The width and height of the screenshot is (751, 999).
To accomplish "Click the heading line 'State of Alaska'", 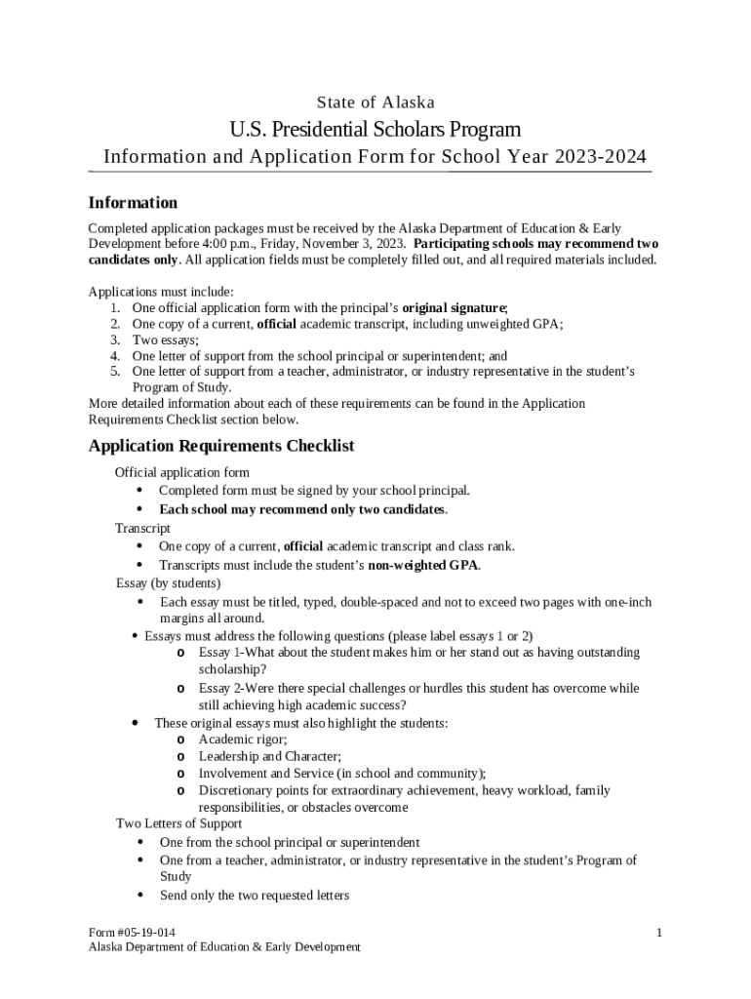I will coord(375,102).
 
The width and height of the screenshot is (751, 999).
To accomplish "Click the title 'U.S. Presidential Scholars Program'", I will coord(375,129).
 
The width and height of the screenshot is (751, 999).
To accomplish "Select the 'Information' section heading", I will coord(133,203).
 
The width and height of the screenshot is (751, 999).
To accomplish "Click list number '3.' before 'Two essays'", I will coord(114,340).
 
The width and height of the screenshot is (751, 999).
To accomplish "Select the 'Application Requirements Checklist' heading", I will coord(221,446).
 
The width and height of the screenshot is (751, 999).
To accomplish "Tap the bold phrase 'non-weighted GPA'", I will coord(423,565).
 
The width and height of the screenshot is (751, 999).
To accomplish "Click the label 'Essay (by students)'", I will coord(168,583).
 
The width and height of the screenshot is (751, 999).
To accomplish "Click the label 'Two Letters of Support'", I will coord(178,824).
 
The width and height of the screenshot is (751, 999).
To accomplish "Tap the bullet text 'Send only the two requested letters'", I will coord(255,896).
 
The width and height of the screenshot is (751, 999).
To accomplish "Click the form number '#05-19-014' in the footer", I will coord(145,933).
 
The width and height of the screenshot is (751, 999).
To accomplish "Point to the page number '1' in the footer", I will coord(659,933).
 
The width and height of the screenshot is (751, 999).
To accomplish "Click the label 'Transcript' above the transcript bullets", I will coord(142,528).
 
